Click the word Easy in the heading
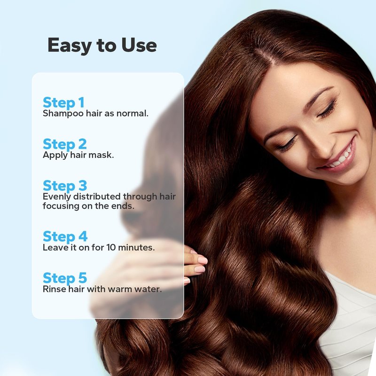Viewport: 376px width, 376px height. click(70, 46)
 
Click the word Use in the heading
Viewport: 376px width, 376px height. click(139, 45)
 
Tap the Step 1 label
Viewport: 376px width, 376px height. click(63, 102)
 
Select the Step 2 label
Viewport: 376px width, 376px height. click(65, 144)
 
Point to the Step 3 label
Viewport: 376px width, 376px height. click(65, 186)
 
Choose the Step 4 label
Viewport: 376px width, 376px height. click(65, 236)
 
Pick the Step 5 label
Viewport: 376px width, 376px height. click(65, 278)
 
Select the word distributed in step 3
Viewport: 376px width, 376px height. click(97, 196)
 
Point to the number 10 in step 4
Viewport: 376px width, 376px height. click(111, 248)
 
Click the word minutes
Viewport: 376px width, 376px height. click(136, 248)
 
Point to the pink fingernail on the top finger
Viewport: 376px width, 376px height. click(202, 260)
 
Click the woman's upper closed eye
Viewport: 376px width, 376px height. click(327, 110)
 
